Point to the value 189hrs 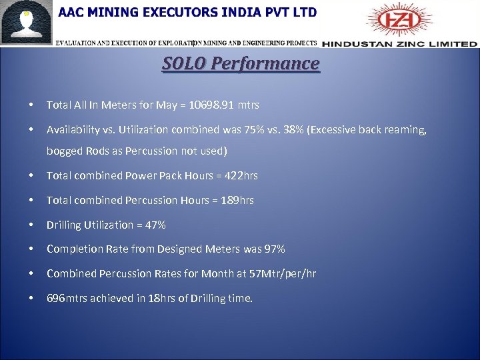[x=237, y=201]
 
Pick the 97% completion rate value [x=273, y=249]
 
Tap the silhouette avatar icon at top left [x=27, y=23]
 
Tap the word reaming [x=406, y=130]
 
